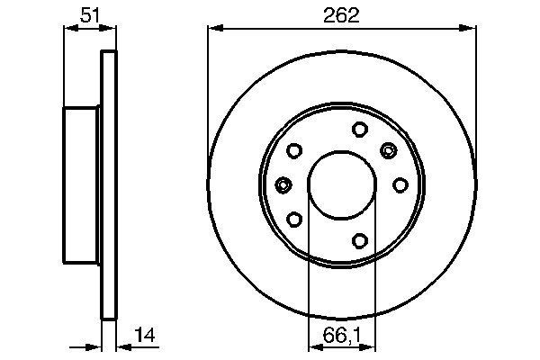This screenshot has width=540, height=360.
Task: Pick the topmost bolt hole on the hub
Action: tap(358, 128)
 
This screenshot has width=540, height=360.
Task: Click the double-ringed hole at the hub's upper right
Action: tap(389, 149)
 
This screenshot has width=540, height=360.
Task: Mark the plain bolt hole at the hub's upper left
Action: tap(294, 151)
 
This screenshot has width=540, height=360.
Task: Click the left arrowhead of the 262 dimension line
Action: tap(213, 29)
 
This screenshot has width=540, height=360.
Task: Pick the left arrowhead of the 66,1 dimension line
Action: tap(313, 346)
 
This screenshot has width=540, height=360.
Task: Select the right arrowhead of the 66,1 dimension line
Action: tap(371, 346)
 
